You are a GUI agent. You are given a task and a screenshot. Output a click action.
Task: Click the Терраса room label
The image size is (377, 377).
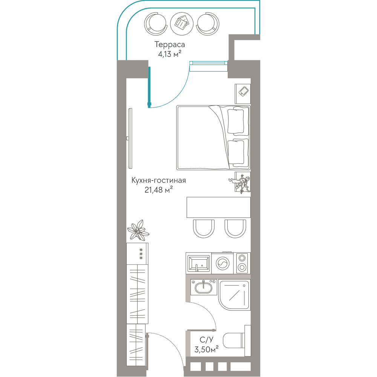[x=170, y=44]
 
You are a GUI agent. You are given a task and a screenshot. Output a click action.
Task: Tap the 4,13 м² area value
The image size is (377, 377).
[x=170, y=54]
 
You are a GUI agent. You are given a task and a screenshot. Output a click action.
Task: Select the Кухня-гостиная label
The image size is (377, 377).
[x=159, y=180]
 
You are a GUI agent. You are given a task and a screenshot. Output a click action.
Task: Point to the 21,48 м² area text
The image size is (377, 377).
[x=159, y=190]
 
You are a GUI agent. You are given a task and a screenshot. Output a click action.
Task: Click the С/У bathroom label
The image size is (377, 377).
[x=206, y=340]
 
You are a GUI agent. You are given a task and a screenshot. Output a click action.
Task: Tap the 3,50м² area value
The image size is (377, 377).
[x=206, y=349]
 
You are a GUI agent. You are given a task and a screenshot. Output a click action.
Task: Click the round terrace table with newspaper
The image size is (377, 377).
[x=182, y=23]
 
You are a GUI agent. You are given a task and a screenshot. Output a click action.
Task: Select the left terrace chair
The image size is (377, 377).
[x=156, y=24]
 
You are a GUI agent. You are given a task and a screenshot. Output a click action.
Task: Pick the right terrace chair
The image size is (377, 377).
[x=208, y=24]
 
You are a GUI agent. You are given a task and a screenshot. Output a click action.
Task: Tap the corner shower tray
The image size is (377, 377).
[x=234, y=295]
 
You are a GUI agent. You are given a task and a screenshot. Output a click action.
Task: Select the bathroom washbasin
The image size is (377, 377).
[x=204, y=288]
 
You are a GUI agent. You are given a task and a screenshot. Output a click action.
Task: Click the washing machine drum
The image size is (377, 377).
[x=223, y=264]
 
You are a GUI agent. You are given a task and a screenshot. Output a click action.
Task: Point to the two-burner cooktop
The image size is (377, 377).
[x=242, y=263]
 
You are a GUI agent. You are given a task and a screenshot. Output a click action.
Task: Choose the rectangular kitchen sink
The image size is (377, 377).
[x=199, y=263]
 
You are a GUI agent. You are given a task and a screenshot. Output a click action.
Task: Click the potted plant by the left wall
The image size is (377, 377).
[x=138, y=230]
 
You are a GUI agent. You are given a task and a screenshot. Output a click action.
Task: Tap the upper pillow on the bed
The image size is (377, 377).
[x=236, y=121]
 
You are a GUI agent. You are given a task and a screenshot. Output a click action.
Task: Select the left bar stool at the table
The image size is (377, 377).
[x=204, y=229]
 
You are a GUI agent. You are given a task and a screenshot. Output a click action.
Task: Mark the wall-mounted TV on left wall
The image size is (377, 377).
[x=130, y=138]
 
